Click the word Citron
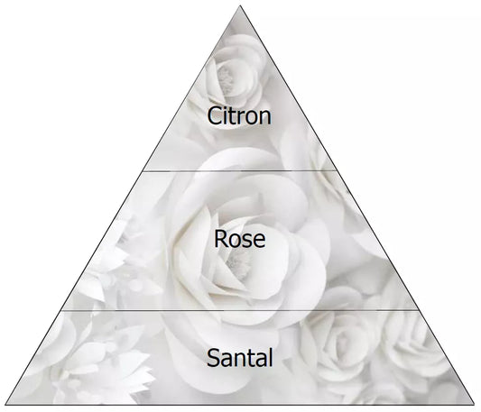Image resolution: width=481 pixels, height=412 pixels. (239, 115)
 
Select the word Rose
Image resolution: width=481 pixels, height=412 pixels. (239, 239)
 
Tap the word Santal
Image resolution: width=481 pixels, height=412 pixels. (239, 357)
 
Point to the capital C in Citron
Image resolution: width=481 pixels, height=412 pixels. (215, 115)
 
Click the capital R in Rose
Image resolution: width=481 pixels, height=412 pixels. (221, 239)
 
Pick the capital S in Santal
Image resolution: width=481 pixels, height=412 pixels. (214, 357)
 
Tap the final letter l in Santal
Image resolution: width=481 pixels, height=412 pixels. (270, 357)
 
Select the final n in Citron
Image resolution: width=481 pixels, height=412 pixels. (265, 118)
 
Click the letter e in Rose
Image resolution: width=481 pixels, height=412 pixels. (259, 241)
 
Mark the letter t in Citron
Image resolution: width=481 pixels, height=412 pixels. (235, 116)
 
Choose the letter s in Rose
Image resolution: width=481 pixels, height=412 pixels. (246, 241)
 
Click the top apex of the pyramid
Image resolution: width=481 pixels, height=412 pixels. (240, 5)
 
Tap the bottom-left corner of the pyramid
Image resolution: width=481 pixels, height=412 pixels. (6, 404)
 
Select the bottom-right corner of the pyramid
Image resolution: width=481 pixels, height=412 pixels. (474, 404)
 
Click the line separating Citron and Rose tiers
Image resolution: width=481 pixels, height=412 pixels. (240, 170)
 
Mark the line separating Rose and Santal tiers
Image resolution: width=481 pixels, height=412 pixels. (240, 310)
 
